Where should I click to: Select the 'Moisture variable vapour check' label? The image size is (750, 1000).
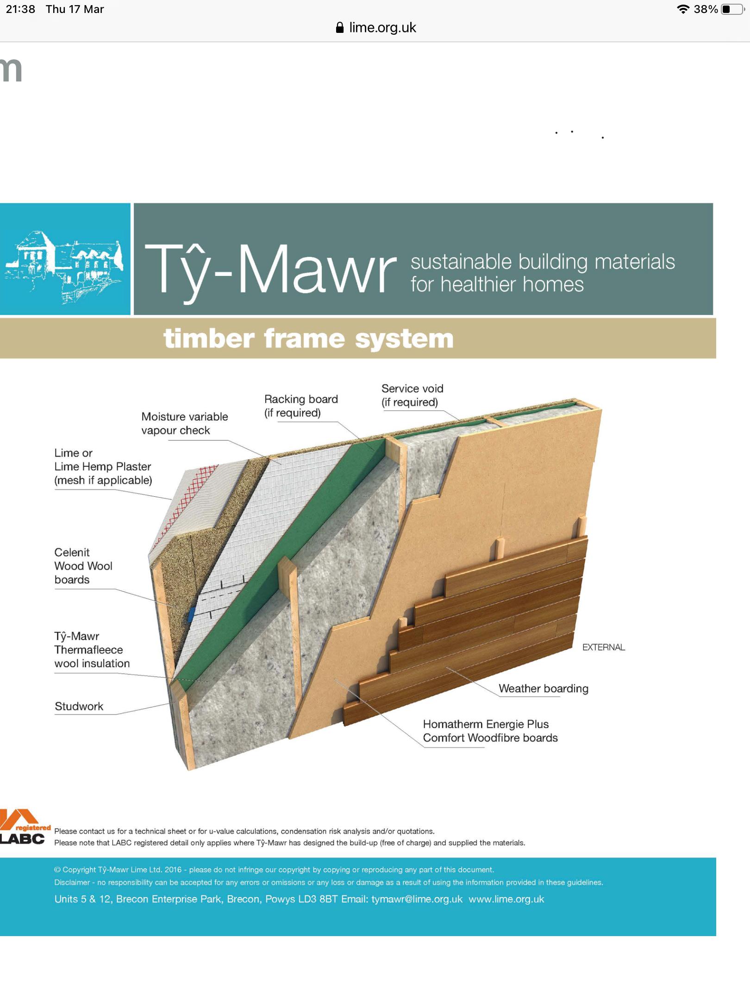[184, 423]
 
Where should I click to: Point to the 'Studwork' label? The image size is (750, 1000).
[79, 706]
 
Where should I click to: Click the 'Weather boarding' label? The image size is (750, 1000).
[544, 688]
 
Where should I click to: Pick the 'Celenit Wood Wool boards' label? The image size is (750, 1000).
[83, 566]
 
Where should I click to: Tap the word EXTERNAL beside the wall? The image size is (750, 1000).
[604, 647]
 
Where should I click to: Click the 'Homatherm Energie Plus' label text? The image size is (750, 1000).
[486, 724]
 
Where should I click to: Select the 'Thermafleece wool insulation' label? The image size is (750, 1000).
[92, 650]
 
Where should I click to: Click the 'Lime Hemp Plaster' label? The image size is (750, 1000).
[103, 466]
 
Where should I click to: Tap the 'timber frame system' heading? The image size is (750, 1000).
[308, 338]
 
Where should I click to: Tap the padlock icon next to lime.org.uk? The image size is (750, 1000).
[340, 28]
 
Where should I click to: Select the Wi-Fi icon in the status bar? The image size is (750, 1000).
[683, 9]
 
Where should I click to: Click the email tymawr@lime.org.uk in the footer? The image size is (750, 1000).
[417, 899]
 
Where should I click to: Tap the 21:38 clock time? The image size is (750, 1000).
[20, 9]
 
